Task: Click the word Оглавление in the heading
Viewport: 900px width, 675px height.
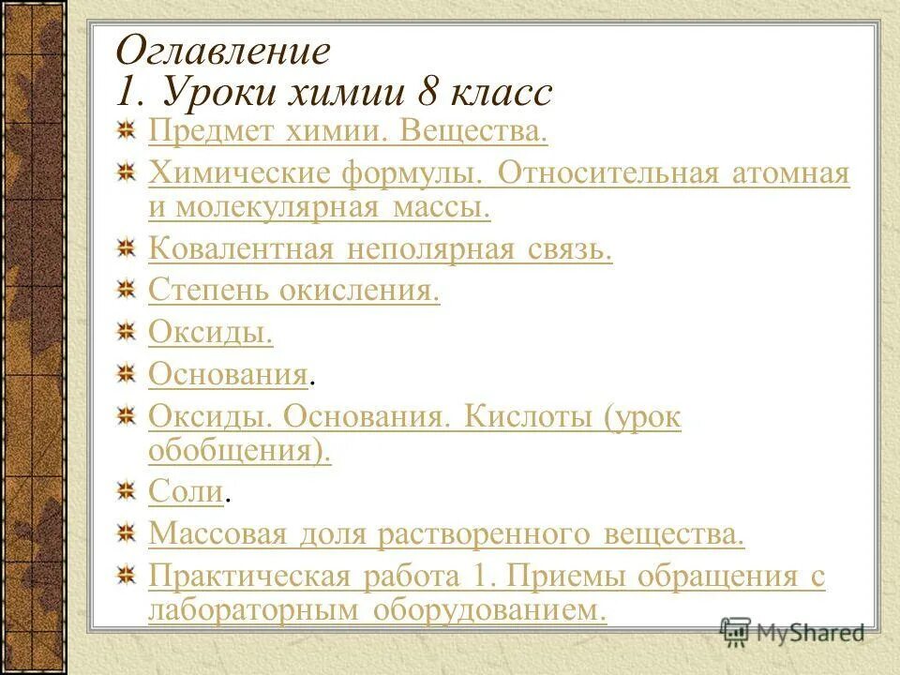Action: click(222, 51)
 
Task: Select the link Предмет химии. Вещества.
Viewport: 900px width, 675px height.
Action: click(348, 131)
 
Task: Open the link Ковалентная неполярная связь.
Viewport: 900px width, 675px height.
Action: click(380, 249)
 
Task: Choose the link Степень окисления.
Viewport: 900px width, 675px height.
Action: click(294, 291)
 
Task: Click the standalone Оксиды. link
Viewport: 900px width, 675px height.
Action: click(211, 333)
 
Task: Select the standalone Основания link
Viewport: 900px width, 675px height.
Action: click(228, 375)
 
